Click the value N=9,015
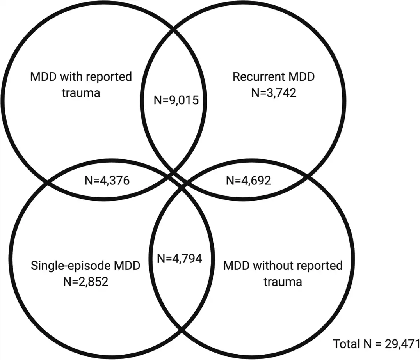click(176, 100)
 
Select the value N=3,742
click(273, 93)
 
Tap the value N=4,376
click(107, 181)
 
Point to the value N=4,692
click(248, 181)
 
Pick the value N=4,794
click(180, 259)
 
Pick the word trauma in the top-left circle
click(81, 93)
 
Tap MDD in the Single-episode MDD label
click(127, 266)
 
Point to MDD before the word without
click(236, 266)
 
